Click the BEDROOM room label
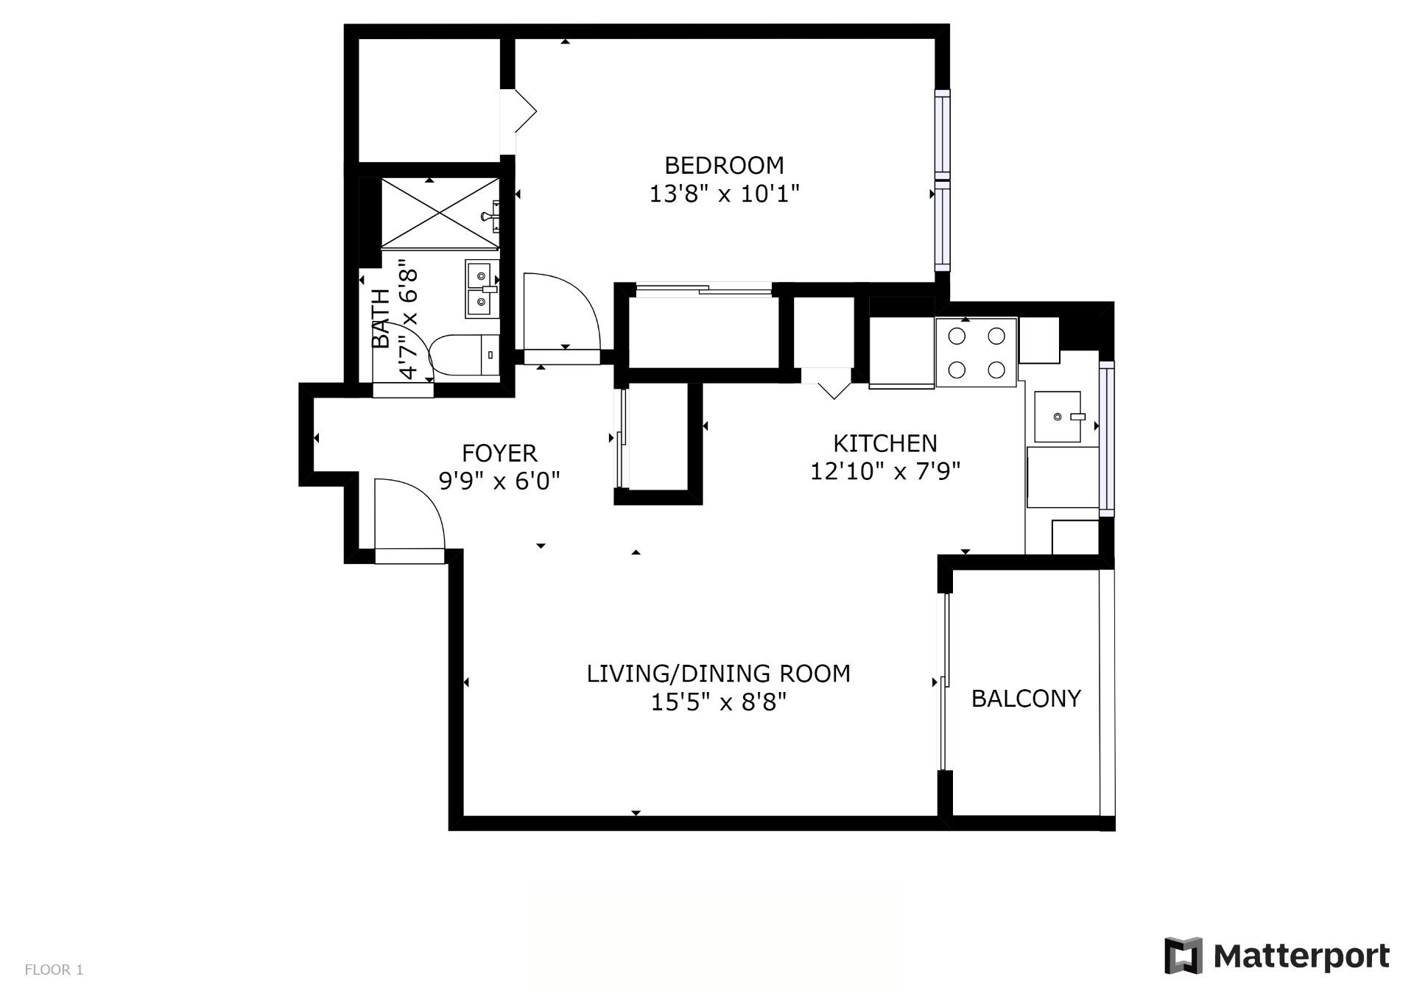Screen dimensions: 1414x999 click(x=724, y=165)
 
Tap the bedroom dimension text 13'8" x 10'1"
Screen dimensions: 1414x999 click(x=724, y=194)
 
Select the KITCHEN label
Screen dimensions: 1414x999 click(x=884, y=443)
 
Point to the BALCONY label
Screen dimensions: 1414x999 click(x=1026, y=698)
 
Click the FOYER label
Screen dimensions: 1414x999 click(x=499, y=452)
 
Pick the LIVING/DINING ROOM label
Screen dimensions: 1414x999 click(x=718, y=674)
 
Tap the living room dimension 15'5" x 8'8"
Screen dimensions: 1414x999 click(x=719, y=702)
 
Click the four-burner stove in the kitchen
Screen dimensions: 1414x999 click(x=977, y=352)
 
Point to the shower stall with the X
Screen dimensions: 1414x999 click(x=440, y=213)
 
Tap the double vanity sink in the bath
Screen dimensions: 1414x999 click(x=482, y=289)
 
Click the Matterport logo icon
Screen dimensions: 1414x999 click(x=1183, y=956)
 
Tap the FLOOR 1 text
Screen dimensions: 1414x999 click(x=54, y=970)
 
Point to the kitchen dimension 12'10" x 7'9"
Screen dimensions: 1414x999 click(x=885, y=471)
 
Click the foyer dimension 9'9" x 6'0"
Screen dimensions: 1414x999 click(x=499, y=481)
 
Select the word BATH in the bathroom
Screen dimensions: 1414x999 click(x=381, y=318)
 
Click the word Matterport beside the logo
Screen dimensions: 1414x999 click(x=1302, y=956)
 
